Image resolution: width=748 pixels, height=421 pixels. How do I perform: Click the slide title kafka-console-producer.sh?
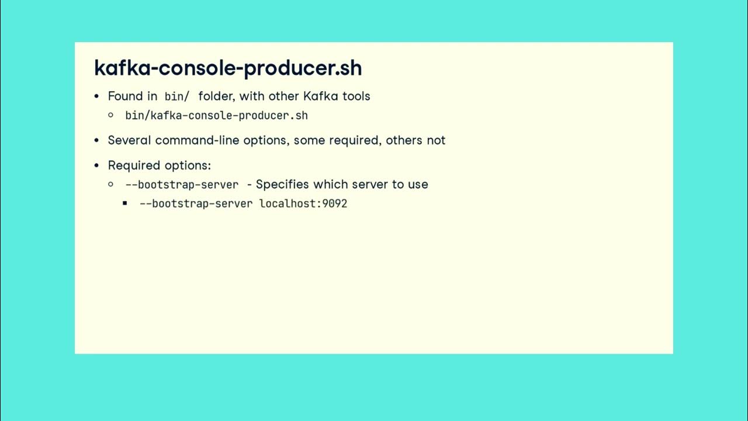click(x=228, y=68)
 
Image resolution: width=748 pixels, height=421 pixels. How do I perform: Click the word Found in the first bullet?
click(x=125, y=96)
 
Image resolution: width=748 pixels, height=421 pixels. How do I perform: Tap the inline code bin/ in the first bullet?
click(x=176, y=96)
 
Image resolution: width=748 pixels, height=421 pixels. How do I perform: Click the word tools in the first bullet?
click(x=356, y=96)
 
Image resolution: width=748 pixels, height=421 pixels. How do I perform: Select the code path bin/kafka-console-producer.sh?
click(x=216, y=115)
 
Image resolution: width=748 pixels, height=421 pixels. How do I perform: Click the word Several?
click(x=130, y=140)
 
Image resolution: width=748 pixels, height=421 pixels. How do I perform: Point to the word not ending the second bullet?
click(x=436, y=140)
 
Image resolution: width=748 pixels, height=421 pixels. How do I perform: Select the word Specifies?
click(x=283, y=184)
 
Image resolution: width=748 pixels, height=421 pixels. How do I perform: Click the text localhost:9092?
click(x=303, y=203)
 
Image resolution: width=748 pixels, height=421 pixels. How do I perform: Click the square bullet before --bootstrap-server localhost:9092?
click(x=125, y=203)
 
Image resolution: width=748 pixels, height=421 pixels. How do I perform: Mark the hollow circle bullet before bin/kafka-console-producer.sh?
click(x=111, y=115)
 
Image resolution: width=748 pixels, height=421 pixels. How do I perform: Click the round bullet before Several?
click(x=97, y=140)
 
